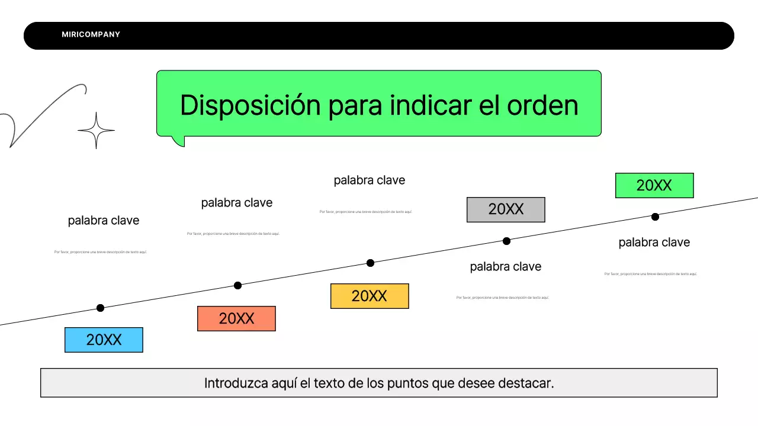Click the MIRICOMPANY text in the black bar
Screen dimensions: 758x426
91,35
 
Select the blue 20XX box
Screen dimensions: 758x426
104,340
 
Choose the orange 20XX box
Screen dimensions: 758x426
236,318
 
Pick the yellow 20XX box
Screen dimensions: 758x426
370,296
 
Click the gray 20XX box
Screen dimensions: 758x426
506,209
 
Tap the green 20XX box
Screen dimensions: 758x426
654,185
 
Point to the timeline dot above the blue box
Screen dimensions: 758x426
100,308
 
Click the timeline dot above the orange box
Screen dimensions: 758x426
237,285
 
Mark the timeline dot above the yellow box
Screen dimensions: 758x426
370,263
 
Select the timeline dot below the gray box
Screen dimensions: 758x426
506,241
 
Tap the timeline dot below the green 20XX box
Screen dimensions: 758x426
655,217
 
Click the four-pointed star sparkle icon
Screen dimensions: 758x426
96,130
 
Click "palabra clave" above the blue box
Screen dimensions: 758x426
104,221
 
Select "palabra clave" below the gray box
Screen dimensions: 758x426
506,267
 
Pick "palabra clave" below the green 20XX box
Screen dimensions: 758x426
654,243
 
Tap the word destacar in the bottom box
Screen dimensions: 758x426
527,383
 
